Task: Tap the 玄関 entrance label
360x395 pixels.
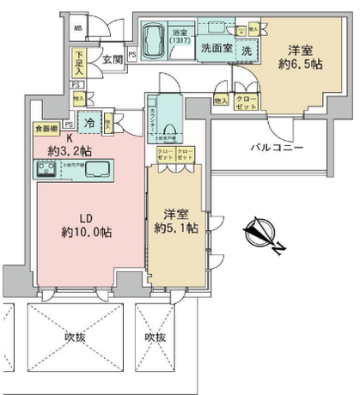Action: (113, 59)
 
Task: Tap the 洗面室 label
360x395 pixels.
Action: (216, 49)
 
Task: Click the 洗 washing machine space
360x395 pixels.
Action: (247, 51)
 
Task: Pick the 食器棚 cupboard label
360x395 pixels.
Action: (46, 129)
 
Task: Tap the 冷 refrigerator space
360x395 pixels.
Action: (90, 123)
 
